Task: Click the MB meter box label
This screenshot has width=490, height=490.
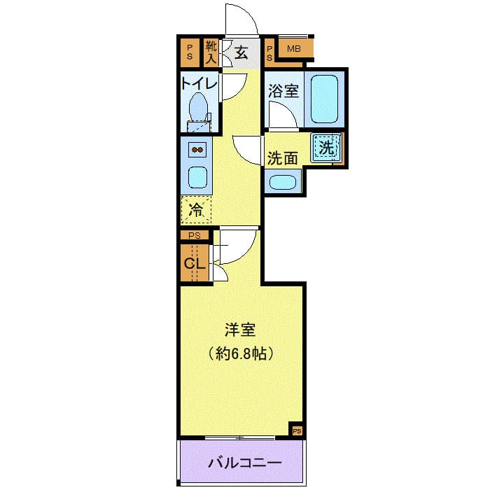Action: tap(294, 48)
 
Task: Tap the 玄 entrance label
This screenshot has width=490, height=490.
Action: tap(241, 52)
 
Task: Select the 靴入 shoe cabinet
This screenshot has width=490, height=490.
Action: tap(211, 52)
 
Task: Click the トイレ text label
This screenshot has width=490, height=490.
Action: tap(199, 84)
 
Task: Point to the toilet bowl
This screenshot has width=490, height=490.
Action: tap(199, 108)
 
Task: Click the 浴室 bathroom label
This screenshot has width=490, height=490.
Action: tap(283, 90)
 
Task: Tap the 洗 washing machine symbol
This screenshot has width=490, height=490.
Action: tap(326, 148)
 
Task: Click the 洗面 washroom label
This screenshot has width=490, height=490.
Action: tap(283, 158)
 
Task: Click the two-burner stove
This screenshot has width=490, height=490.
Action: tap(197, 150)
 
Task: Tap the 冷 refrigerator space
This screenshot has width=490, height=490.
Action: tap(197, 209)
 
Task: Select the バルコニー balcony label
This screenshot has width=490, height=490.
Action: tap(244, 463)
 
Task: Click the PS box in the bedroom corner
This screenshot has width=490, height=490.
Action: tap(297, 430)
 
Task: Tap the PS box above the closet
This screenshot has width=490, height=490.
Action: tap(194, 236)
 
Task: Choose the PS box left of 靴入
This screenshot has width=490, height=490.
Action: tap(189, 52)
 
